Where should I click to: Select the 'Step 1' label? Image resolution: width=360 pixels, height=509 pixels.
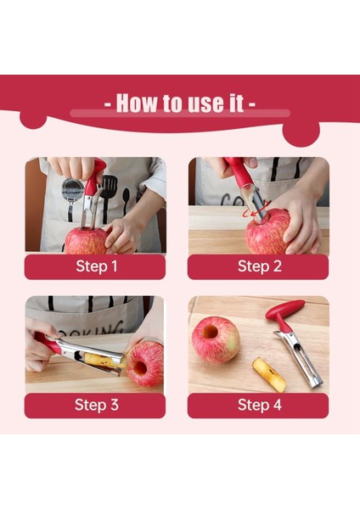[97, 266]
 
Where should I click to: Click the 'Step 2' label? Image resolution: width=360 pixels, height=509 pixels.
[259, 266]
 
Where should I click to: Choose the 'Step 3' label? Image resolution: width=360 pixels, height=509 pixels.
[97, 405]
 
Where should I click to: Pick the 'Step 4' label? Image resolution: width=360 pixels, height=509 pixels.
[259, 405]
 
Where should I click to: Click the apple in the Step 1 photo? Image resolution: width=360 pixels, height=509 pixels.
[86, 241]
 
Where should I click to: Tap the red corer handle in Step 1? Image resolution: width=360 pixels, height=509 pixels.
[94, 176]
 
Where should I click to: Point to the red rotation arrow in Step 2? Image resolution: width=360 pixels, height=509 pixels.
[257, 210]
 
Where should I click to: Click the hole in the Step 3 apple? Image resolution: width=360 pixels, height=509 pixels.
[140, 368]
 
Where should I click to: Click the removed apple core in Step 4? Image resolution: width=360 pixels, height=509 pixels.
[269, 375]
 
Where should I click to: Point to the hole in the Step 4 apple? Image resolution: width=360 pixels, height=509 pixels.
[211, 332]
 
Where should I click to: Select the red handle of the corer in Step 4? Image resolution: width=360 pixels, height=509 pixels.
[284, 313]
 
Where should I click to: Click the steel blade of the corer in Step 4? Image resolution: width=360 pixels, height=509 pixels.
[299, 359]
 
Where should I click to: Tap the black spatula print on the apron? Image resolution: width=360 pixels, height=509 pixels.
[109, 192]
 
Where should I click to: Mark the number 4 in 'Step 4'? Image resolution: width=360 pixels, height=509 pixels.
[277, 405]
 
